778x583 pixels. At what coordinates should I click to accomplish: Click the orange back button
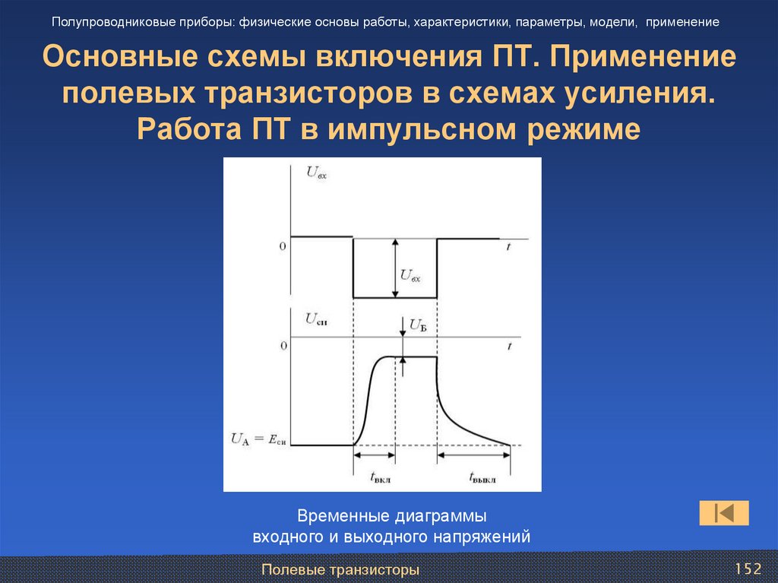(x=724, y=513)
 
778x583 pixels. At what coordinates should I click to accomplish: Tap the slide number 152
(x=748, y=569)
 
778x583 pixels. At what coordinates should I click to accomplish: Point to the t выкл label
(x=483, y=477)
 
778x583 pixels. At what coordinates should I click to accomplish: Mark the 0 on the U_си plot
(x=283, y=346)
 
